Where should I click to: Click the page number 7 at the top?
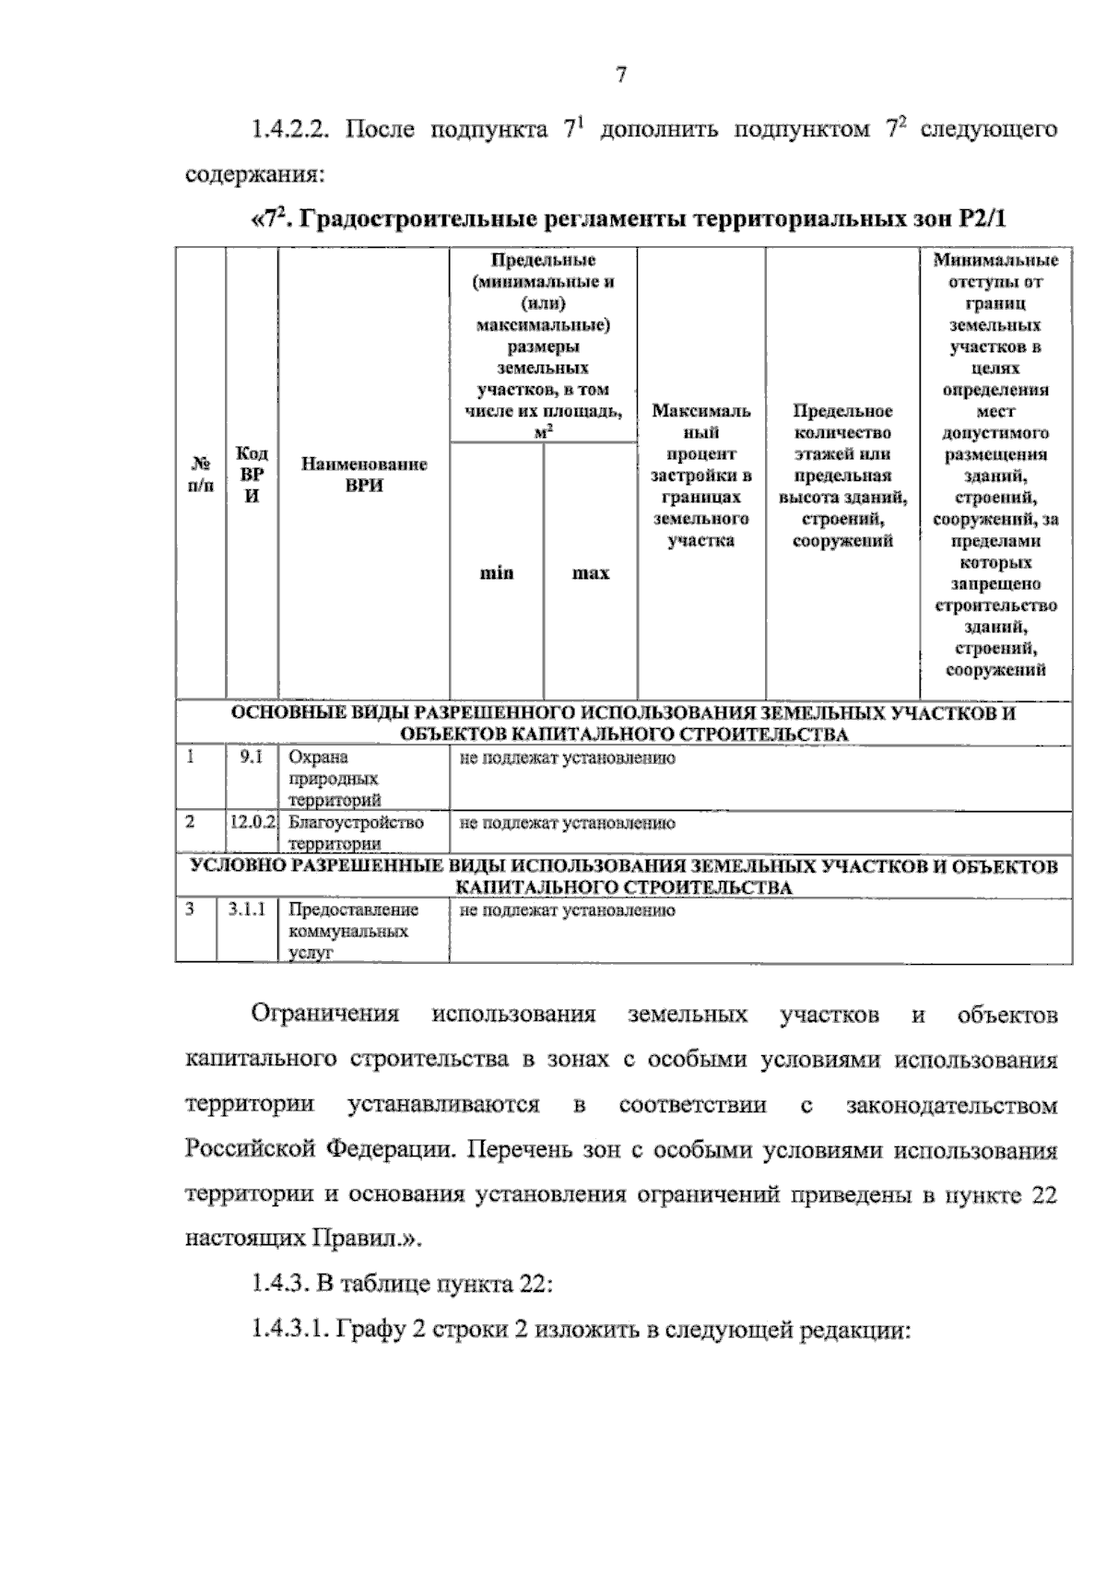pos(621,76)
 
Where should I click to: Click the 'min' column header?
pos(496,573)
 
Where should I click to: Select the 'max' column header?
pos(590,573)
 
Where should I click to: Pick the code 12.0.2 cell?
pos(253,822)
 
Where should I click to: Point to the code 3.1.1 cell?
pos(247,910)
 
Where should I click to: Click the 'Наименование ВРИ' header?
pos(364,475)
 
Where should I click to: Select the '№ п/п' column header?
pos(200,475)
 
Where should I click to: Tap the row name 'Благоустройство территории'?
pos(356,832)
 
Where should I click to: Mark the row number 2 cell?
pos(190,822)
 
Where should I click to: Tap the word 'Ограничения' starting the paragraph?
pos(325,1015)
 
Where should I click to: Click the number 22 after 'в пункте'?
pos(1042,1195)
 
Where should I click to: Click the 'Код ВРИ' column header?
pos(252,475)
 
